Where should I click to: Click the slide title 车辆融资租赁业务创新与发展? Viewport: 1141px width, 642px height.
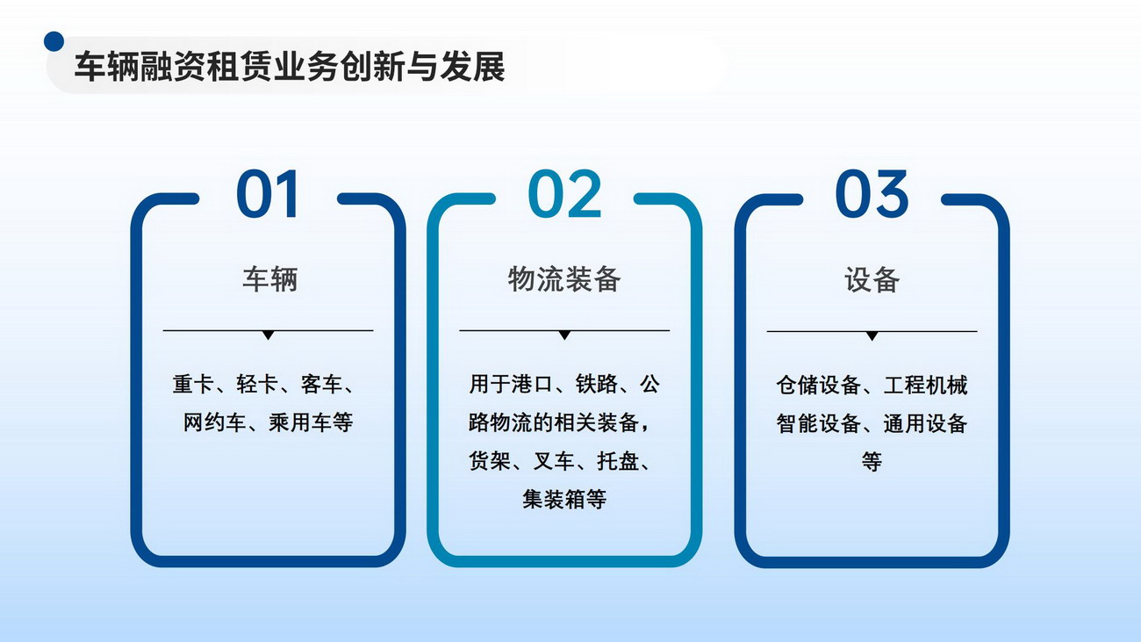click(x=290, y=67)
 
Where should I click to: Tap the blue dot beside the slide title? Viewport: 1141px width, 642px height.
click(x=54, y=41)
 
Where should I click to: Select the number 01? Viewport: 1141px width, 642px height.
click(x=268, y=194)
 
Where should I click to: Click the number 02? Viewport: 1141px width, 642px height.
click(x=564, y=194)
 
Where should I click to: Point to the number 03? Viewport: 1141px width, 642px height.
click(x=872, y=194)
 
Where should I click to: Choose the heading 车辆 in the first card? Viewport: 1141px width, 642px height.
click(x=269, y=279)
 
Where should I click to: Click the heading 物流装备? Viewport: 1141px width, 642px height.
click(x=564, y=279)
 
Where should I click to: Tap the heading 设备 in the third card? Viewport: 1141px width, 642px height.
click(x=872, y=280)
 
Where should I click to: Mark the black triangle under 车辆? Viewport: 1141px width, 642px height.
click(x=268, y=335)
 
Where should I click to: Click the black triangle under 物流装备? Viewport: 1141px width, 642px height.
click(x=564, y=335)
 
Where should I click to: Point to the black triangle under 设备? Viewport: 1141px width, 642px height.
click(x=872, y=335)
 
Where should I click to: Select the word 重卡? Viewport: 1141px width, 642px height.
click(x=193, y=384)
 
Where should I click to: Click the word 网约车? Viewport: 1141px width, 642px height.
click(x=214, y=422)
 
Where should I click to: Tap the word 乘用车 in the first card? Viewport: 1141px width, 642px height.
click(x=300, y=422)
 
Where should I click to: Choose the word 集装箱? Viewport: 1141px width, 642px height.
click(x=554, y=500)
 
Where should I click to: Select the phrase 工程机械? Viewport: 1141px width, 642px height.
click(x=925, y=386)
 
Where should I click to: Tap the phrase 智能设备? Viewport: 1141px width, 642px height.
click(x=819, y=423)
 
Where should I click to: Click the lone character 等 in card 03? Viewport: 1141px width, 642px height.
click(x=872, y=462)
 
